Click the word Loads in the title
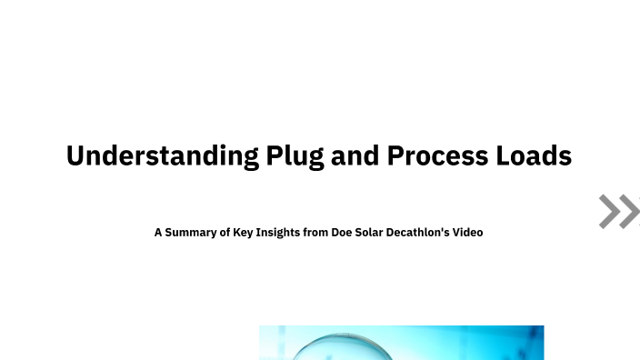(535, 156)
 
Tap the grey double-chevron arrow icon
(619, 211)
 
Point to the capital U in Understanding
(75, 156)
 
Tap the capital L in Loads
(503, 156)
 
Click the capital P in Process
(395, 156)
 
